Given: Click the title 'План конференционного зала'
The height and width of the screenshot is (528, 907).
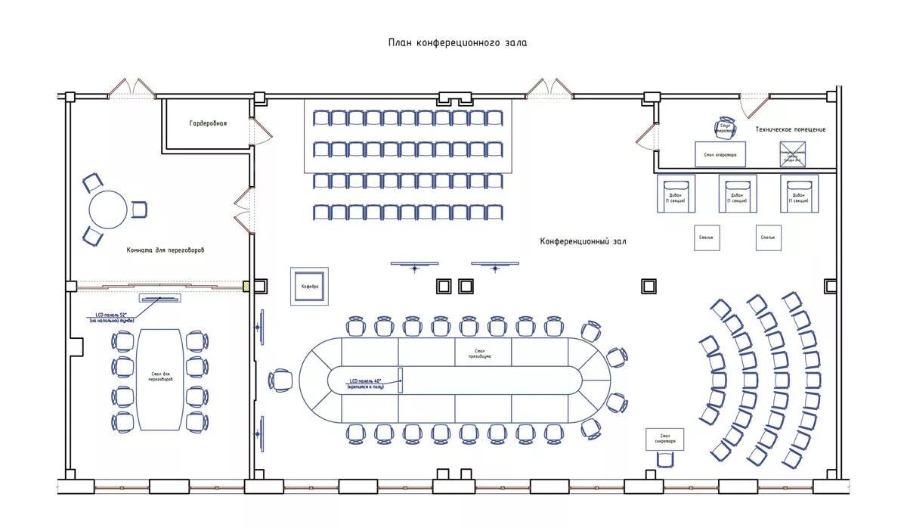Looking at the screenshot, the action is (x=457, y=43).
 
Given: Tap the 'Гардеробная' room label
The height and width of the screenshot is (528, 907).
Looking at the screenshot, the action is (x=208, y=123).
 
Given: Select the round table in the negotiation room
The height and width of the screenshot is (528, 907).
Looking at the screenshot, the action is (x=108, y=210).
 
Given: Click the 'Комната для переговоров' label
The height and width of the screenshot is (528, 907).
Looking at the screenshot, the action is (x=166, y=250).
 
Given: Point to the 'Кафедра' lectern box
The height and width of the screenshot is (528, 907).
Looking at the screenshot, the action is (x=310, y=287).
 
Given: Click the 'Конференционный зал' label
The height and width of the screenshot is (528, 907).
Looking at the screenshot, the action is (x=583, y=241).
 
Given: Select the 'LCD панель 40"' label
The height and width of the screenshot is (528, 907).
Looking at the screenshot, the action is (x=366, y=383).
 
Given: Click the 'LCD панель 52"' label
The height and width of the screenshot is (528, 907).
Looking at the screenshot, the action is (x=111, y=317).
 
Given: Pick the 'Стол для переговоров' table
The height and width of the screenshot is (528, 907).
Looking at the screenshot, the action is (x=160, y=379).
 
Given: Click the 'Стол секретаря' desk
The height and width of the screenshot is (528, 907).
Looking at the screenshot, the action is (x=665, y=439).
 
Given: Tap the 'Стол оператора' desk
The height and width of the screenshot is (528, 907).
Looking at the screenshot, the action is (x=720, y=154).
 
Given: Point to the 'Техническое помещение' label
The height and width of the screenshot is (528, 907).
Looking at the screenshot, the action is (x=790, y=129).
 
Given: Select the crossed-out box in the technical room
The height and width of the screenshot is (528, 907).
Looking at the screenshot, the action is (x=793, y=154).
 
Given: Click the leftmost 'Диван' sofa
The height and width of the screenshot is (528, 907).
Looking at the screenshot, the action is (x=675, y=194).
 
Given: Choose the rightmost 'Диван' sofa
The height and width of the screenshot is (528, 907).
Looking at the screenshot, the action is (x=798, y=194).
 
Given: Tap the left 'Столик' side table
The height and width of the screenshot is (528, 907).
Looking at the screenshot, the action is (x=706, y=238).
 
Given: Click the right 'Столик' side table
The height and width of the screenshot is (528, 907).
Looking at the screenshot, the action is (x=768, y=238).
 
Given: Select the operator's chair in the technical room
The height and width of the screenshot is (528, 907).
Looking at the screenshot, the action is (x=724, y=129).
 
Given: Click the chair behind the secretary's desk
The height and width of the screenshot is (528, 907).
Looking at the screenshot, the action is (x=665, y=459).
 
